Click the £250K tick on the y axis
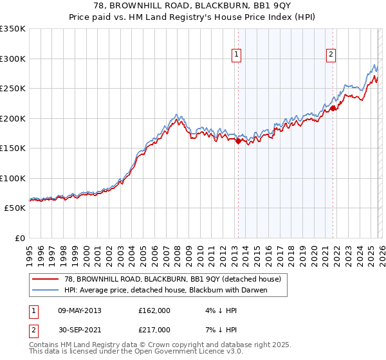tap(13, 88)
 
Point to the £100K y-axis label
tap(13, 178)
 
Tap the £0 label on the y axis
tap(19, 238)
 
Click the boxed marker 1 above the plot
tap(237, 55)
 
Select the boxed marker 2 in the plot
tap(331, 55)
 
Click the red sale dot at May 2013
tap(238, 141)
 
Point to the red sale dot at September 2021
tap(333, 109)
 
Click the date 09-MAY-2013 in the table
tap(79, 310)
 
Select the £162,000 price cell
tap(154, 310)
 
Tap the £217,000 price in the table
tap(154, 329)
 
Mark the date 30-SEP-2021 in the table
tap(79, 329)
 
